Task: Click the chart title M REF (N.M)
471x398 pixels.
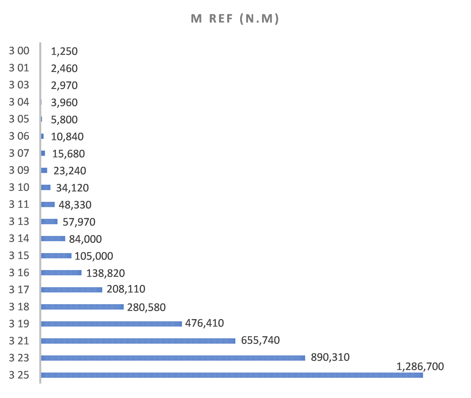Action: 235,19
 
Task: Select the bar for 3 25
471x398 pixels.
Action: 232,375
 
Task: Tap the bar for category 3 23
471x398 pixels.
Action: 173,358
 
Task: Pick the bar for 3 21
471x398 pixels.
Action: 138,341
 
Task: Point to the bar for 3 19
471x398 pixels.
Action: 111,324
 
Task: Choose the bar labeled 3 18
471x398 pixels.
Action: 82,307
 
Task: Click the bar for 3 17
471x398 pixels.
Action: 72,290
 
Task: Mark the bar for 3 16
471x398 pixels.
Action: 61,273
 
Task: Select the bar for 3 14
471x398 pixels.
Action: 53,238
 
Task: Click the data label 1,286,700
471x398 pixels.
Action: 420,366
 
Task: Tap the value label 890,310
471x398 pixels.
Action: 330,357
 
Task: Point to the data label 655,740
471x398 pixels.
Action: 260,340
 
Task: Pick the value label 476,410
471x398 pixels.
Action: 205,323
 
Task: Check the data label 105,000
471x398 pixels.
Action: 94,256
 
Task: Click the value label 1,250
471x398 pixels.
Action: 64,51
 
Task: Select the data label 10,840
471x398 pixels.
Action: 67,137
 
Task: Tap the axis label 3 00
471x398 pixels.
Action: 19,51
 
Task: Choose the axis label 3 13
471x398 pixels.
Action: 19,221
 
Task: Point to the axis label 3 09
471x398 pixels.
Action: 19,170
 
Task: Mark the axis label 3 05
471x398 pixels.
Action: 19,119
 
